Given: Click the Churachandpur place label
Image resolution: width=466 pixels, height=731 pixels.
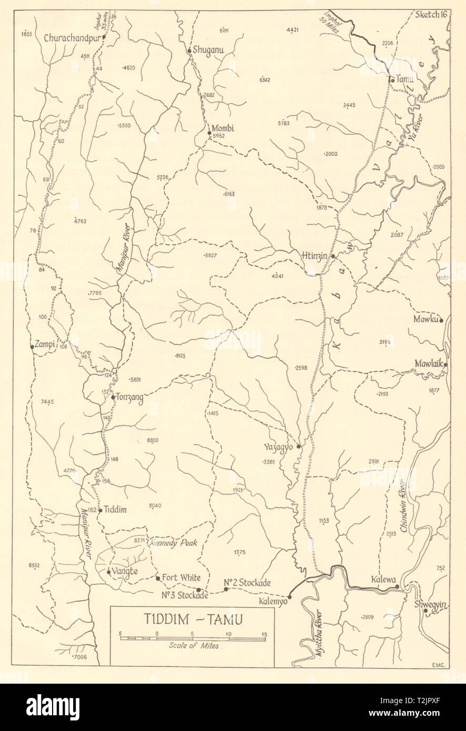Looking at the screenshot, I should click(x=72, y=37).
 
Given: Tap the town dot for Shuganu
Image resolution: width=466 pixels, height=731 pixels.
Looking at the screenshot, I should click(x=189, y=50).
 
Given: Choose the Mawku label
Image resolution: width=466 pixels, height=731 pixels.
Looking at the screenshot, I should click(x=426, y=319).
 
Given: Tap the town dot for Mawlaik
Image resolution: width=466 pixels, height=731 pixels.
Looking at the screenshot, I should click(x=445, y=364).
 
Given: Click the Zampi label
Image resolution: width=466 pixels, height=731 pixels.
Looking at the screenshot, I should click(x=46, y=346).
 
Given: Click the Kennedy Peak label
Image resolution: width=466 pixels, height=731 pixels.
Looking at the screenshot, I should click(x=172, y=542).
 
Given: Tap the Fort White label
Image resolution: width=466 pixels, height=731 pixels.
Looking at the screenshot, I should click(x=181, y=577).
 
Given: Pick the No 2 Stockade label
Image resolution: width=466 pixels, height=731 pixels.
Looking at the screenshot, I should click(x=247, y=582).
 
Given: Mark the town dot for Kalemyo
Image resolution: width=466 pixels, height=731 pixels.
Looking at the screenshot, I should click(x=289, y=597).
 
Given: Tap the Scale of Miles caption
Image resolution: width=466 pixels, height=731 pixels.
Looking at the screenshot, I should click(x=194, y=646).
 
